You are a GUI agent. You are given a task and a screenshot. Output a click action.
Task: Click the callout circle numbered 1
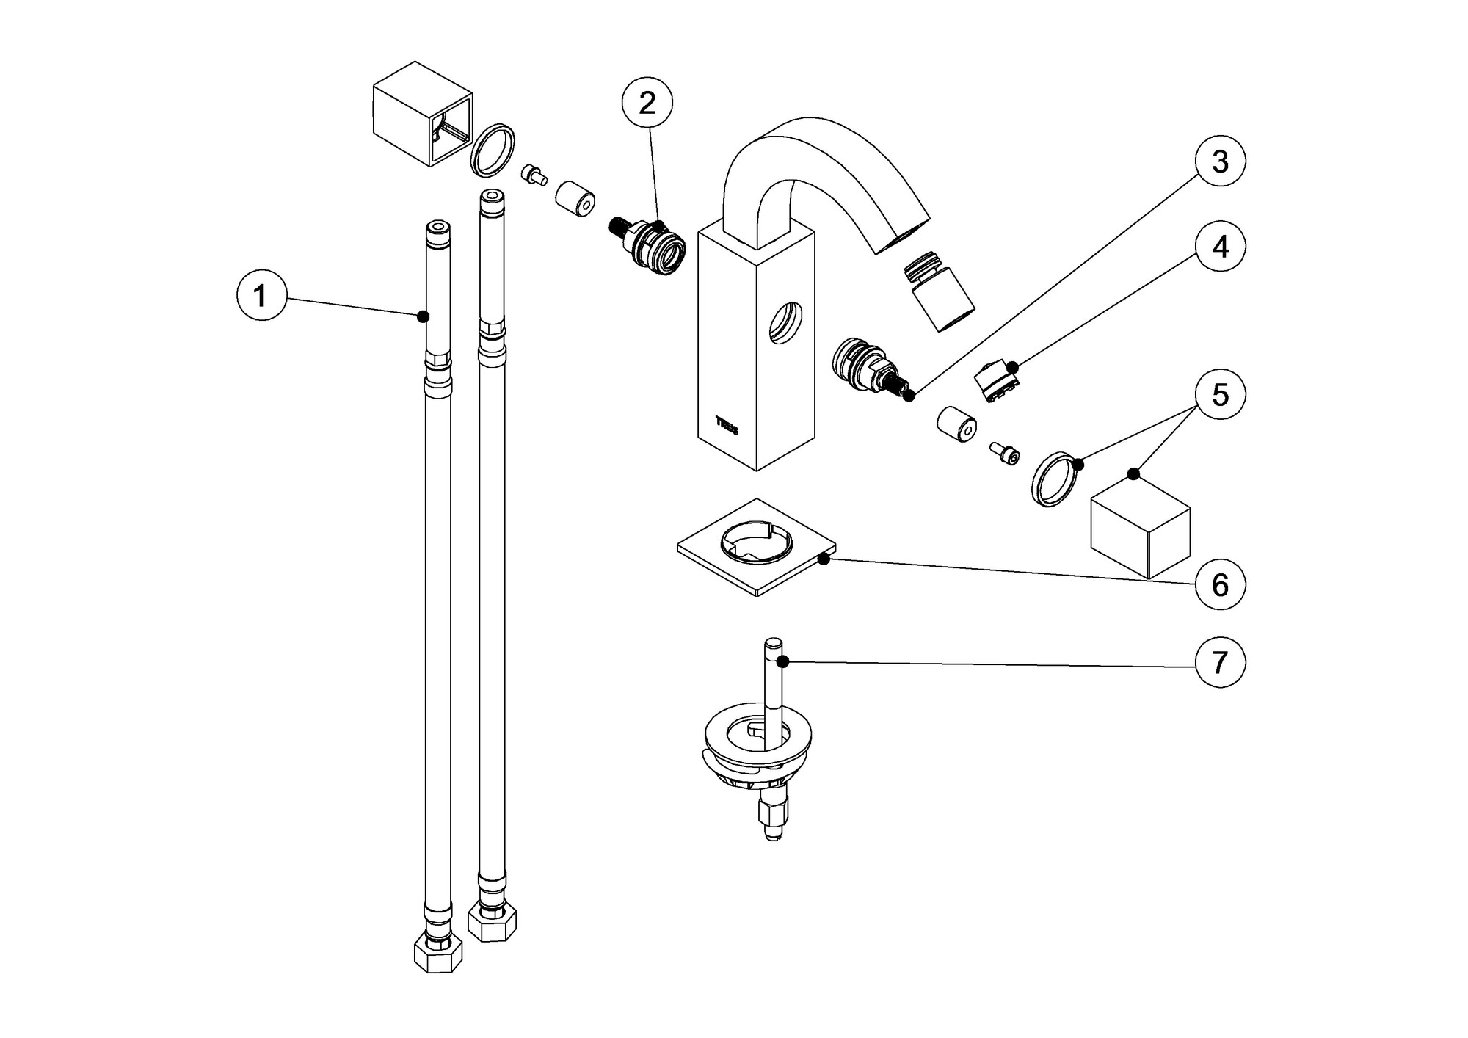point(261,296)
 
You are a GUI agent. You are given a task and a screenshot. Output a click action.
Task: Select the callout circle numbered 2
point(647,104)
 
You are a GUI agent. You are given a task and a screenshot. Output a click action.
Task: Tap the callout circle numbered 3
point(1219,161)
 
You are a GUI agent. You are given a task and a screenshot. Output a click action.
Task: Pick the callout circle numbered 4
point(1219,247)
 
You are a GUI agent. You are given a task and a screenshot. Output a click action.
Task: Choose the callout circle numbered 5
point(1219,395)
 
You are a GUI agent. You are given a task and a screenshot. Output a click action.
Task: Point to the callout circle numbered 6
point(1219,585)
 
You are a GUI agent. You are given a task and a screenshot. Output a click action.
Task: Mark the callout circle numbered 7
point(1219,663)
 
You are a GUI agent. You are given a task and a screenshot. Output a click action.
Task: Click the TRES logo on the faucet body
point(727,422)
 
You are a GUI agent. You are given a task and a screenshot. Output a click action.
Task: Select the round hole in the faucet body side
point(785,322)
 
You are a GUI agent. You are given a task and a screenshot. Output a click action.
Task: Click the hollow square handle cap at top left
point(422,123)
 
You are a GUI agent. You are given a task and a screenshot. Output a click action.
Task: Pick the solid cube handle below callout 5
point(1140,530)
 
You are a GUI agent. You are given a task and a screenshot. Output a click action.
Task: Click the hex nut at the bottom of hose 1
point(438,954)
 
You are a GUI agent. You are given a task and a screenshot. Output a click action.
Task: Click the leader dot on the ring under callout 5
point(1078,464)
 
